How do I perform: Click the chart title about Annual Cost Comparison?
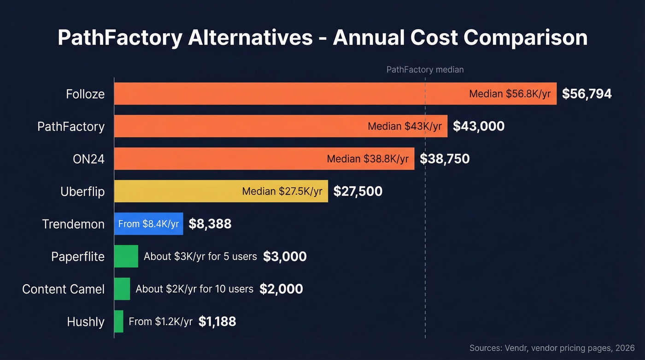(322, 38)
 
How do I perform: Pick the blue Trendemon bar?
(148, 224)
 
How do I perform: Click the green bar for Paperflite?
(126, 256)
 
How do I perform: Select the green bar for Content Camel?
(122, 289)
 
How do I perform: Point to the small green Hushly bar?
(118, 321)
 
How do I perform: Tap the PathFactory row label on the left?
(71, 126)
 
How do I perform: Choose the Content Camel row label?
(64, 289)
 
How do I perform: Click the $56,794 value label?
(586, 94)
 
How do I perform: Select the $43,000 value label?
(479, 126)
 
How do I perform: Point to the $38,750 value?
(445, 159)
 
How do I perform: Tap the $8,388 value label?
(210, 224)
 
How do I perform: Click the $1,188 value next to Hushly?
(217, 321)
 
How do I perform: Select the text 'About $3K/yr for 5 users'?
(200, 256)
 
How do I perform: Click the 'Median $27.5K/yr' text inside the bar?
(282, 191)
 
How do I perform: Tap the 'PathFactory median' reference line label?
(425, 70)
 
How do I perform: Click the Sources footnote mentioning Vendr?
(552, 348)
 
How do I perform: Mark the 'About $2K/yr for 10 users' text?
(194, 289)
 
